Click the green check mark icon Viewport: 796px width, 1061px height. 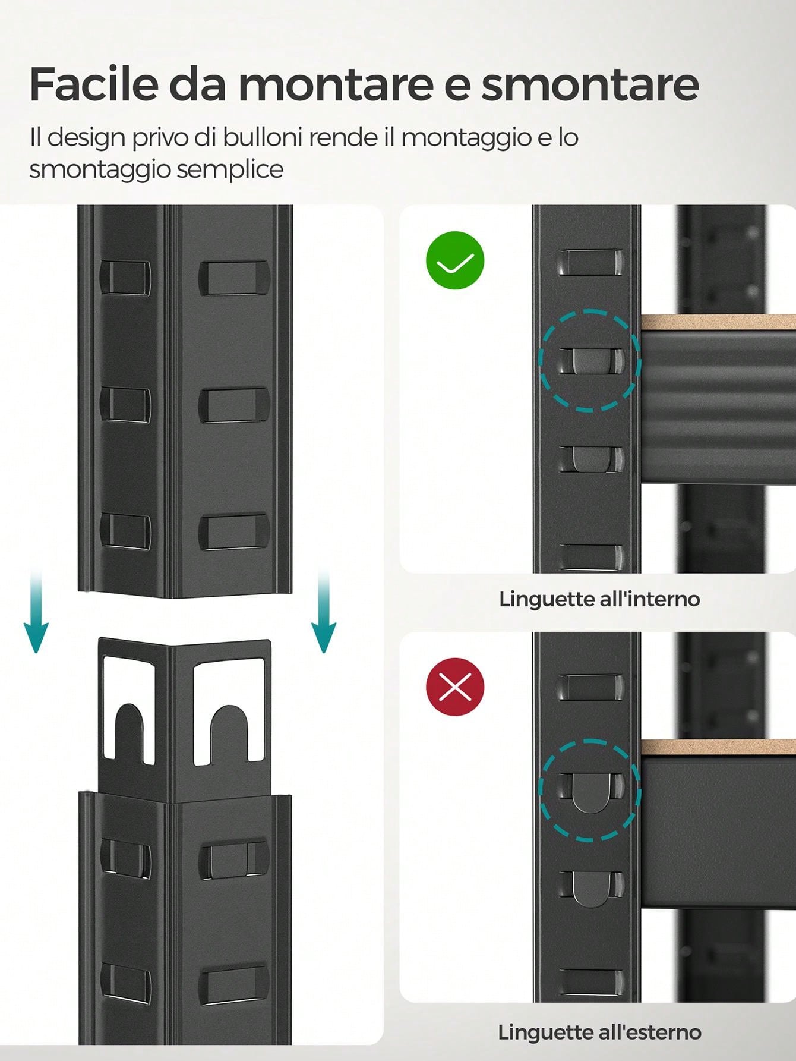click(x=455, y=260)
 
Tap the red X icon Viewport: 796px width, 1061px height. click(x=455, y=687)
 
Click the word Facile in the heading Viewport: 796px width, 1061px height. click(x=93, y=84)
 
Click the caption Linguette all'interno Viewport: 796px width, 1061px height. click(x=599, y=599)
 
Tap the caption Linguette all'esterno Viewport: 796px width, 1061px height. click(x=599, y=1032)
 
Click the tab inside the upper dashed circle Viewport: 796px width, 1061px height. click(x=591, y=361)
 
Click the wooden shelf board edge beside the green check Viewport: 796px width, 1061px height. click(x=718, y=322)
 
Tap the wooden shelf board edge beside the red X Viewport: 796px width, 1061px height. click(x=718, y=748)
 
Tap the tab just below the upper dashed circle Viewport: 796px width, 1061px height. click(x=591, y=458)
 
